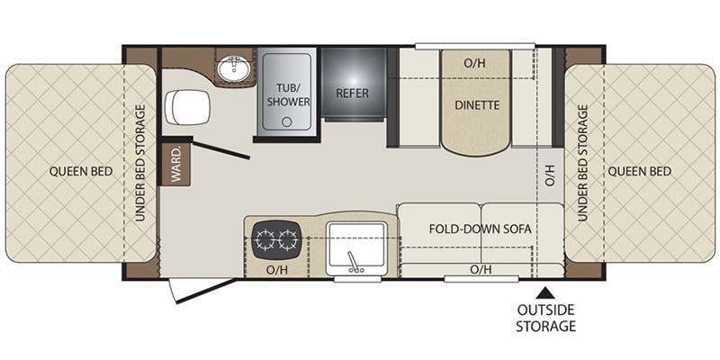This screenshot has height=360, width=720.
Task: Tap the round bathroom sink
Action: [235, 67]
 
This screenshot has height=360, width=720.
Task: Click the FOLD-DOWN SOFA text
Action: [481, 229]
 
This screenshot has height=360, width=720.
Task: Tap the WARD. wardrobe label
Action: [175, 163]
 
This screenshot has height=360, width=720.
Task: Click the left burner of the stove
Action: [265, 239]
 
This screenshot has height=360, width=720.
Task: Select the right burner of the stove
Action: [288, 239]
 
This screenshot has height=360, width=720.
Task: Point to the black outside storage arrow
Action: [544, 292]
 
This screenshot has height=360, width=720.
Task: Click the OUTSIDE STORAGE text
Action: [545, 318]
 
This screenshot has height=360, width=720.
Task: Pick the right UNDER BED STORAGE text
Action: [582, 163]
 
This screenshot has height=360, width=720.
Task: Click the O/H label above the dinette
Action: [473, 64]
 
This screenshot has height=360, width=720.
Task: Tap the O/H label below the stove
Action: [275, 269]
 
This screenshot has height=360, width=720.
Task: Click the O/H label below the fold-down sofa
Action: [480, 268]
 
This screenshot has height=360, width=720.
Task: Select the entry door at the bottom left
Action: [203, 289]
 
